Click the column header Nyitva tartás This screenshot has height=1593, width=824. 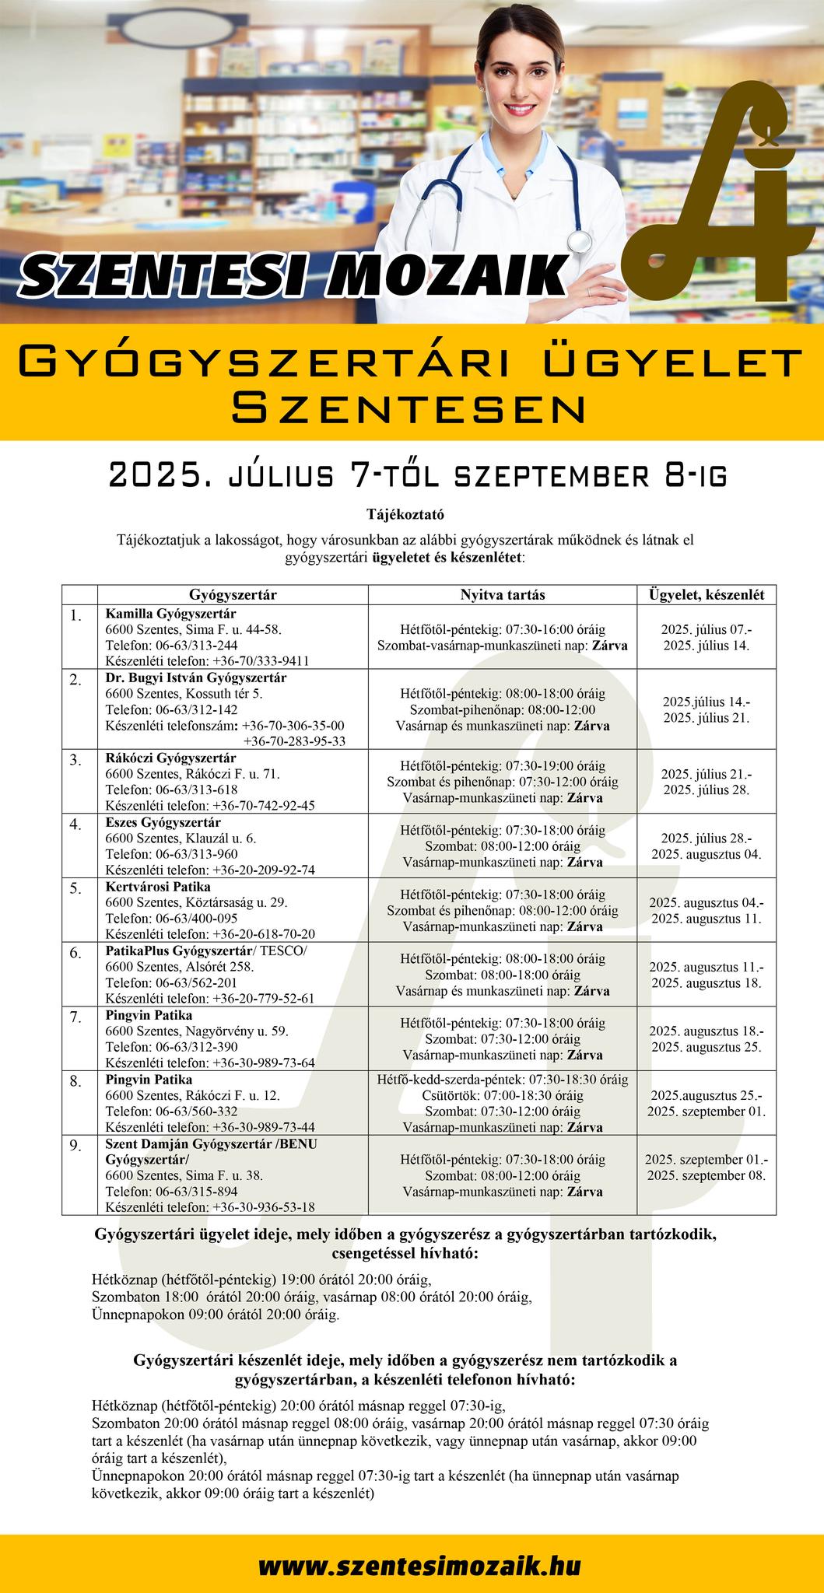click(x=503, y=595)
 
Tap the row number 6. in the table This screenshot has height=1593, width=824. click(x=75, y=953)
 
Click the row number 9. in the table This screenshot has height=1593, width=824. click(x=75, y=1146)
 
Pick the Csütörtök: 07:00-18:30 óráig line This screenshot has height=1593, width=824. click(x=503, y=1095)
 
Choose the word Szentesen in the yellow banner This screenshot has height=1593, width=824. click(x=410, y=407)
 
